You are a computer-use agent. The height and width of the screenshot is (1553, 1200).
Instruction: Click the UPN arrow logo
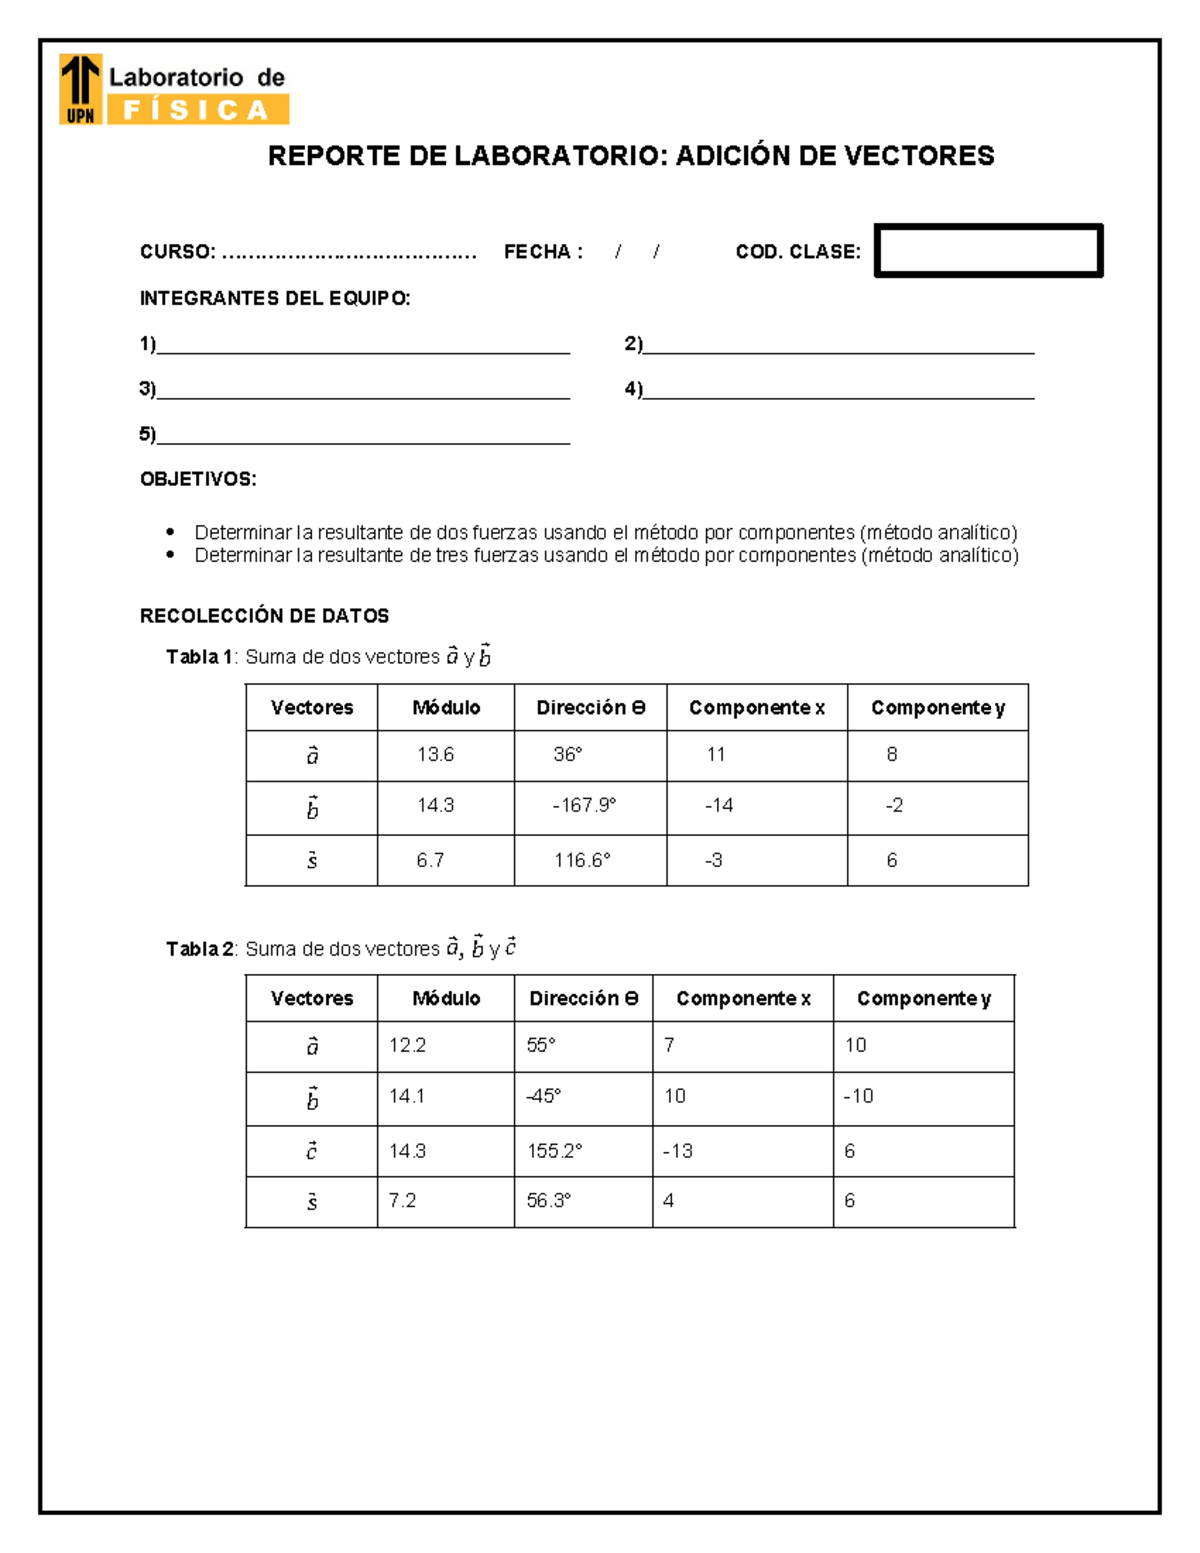(80, 89)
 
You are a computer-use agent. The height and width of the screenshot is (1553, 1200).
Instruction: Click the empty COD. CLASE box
(988, 250)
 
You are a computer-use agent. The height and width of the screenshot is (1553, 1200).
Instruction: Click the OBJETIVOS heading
(198, 479)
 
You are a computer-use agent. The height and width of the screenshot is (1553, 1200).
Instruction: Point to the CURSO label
(177, 252)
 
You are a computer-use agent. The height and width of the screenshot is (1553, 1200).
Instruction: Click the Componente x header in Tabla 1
(757, 708)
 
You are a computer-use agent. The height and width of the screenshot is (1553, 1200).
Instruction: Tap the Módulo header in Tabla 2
(446, 999)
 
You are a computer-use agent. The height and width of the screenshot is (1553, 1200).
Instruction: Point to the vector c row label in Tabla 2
(312, 1151)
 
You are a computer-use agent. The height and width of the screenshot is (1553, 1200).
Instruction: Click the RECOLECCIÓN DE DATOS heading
(264, 616)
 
